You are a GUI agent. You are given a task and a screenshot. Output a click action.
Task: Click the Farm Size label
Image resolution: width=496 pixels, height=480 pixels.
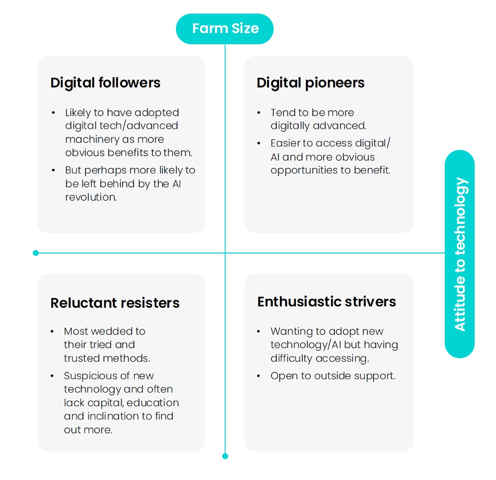point(225,29)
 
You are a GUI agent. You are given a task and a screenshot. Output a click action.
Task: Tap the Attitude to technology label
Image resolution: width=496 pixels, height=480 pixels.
point(460,254)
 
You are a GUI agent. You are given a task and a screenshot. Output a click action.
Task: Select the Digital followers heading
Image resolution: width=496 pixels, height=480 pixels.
point(105,83)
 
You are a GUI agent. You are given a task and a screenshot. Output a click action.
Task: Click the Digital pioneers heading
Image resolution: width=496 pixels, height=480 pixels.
point(310,83)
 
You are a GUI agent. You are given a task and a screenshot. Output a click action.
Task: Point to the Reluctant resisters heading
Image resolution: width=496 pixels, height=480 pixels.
point(115,303)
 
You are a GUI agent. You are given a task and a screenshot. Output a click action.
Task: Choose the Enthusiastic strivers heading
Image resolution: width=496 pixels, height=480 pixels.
point(327,302)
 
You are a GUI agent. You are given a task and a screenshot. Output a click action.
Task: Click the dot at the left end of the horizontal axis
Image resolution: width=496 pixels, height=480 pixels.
point(36,253)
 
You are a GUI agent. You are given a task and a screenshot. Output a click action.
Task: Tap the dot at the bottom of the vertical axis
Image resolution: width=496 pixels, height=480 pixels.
point(225,456)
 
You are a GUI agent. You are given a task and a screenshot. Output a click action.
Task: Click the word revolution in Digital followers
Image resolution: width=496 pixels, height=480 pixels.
point(91,197)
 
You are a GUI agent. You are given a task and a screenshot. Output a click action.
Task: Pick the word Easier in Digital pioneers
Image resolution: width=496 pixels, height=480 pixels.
point(286,143)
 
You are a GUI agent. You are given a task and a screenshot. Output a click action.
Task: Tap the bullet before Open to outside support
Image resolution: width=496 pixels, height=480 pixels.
point(259,376)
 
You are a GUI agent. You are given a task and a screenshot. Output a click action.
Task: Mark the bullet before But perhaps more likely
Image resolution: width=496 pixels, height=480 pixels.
point(53,170)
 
